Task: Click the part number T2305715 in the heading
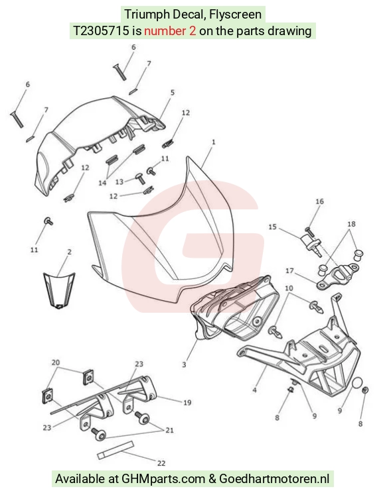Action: click(101, 30)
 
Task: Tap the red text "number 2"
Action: click(170, 30)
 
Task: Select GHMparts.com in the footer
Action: click(163, 479)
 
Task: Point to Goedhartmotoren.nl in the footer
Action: click(274, 479)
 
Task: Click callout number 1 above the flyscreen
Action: click(214, 142)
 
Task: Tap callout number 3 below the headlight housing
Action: click(184, 364)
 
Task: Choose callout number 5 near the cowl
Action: click(173, 93)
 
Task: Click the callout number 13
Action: click(119, 182)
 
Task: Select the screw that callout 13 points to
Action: click(141, 178)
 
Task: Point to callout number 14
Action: click(102, 183)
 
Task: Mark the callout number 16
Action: click(319, 201)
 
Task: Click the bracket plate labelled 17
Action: click(337, 276)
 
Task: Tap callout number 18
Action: click(351, 224)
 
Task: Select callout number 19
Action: click(187, 402)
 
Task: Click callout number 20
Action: click(56, 362)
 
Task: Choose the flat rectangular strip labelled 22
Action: click(116, 450)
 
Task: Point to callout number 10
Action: click(289, 288)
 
